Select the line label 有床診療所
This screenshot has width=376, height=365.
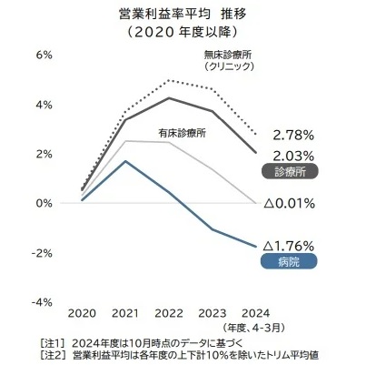182,132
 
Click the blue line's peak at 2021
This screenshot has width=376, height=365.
125,161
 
